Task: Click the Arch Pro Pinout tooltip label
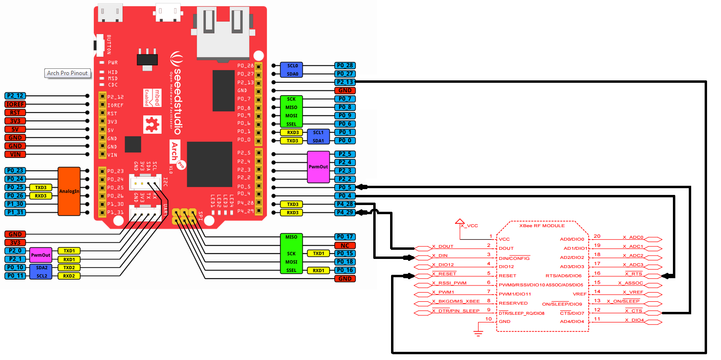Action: click(x=67, y=73)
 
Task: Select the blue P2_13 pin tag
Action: click(x=345, y=82)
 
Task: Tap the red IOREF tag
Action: click(x=14, y=104)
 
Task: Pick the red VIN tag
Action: click(x=14, y=154)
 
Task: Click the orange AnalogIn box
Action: click(x=69, y=191)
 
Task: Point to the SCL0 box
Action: click(x=292, y=65)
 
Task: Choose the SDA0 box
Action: click(x=292, y=74)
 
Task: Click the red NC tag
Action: click(x=345, y=245)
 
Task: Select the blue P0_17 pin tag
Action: click(x=345, y=237)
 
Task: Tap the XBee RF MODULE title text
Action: click(x=542, y=225)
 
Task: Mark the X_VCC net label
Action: click(x=469, y=225)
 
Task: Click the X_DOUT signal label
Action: click(x=443, y=246)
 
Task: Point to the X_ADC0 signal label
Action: click(x=633, y=237)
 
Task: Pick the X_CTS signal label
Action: click(x=633, y=311)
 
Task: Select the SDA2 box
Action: click(x=42, y=268)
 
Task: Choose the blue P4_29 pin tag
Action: click(x=345, y=212)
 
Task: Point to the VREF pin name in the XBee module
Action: click(x=580, y=294)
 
